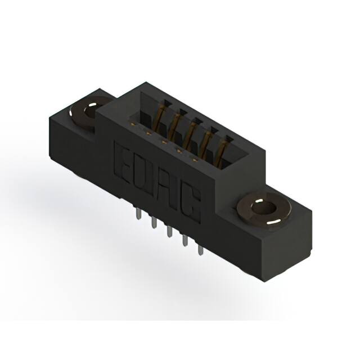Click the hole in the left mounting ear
[x=89, y=107]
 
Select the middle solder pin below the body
[x=168, y=233]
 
